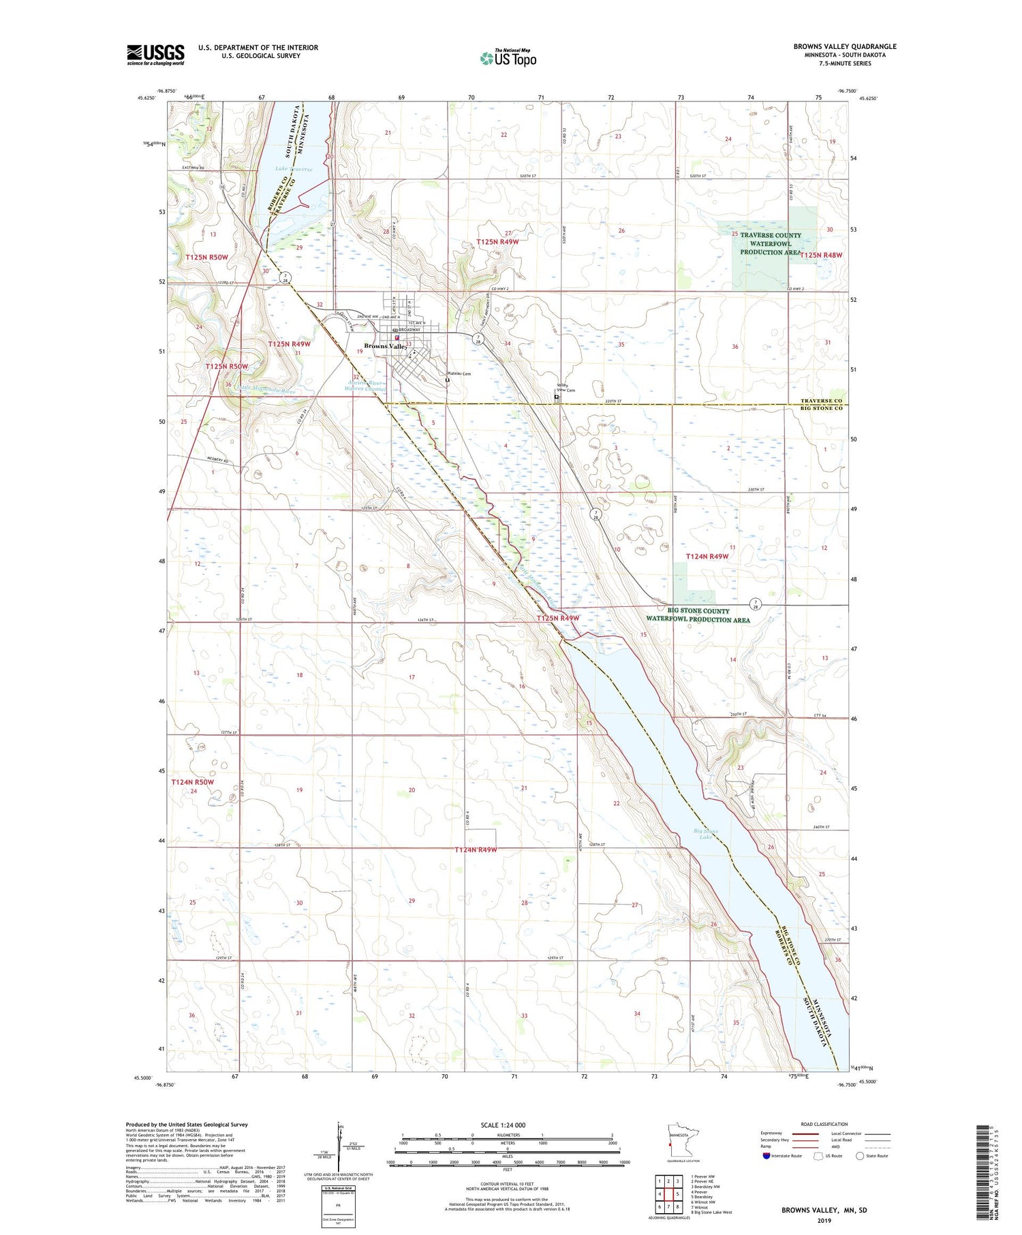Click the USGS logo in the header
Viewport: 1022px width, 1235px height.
155,54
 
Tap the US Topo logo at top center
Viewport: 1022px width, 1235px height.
508,58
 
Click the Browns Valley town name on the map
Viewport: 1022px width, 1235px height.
386,346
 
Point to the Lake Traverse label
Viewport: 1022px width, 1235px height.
294,169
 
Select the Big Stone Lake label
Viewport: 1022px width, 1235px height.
706,833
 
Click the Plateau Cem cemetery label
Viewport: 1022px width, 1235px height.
459,374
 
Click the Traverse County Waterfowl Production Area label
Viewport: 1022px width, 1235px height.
771,244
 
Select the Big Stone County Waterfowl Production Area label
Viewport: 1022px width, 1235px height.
698,615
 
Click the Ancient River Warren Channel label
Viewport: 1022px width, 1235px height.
367,386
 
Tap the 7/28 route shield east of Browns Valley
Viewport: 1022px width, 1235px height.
480,339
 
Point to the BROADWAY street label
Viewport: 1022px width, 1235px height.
410,330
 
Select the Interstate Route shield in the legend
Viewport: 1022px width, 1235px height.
767,1155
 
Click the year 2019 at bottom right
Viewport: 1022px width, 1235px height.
824,1220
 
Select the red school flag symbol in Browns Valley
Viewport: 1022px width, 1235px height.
397,337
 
